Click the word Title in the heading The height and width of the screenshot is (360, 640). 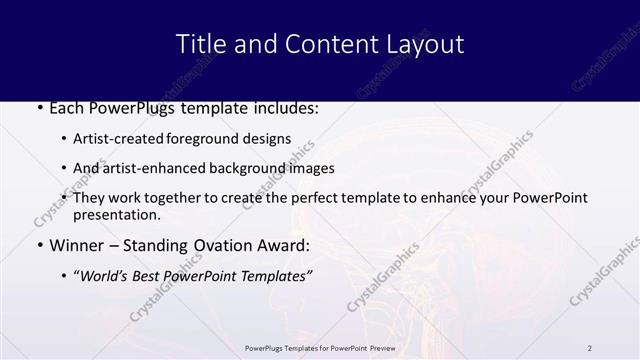pos(197,44)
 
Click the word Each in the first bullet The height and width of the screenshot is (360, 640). pos(67,107)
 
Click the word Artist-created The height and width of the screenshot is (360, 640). pos(115,139)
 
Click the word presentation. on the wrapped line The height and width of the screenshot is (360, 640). pos(116,214)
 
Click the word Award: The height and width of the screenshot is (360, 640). pos(285,245)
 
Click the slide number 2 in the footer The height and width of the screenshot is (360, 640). pos(590,347)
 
